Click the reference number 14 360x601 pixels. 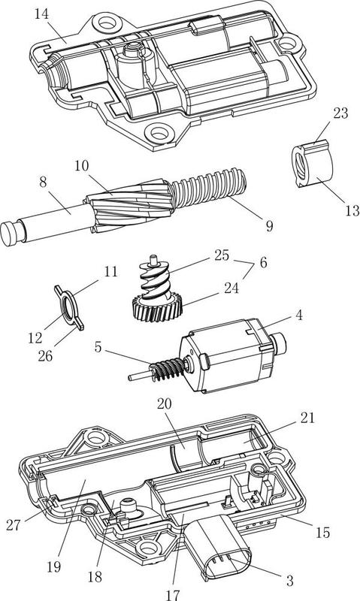click(x=42, y=14)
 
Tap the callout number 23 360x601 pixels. click(x=340, y=113)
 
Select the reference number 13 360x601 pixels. click(x=352, y=210)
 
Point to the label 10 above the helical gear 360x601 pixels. click(x=81, y=166)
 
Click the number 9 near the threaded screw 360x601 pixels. click(x=270, y=226)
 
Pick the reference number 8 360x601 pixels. click(x=43, y=183)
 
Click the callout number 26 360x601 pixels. click(x=45, y=355)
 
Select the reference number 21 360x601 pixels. click(x=307, y=418)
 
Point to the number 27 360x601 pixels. click(x=14, y=524)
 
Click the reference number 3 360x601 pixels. click(x=290, y=580)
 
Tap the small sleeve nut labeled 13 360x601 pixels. click(x=311, y=164)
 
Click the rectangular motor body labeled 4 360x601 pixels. click(x=229, y=355)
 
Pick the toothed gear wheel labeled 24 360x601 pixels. click(x=156, y=306)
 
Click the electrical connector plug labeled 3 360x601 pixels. click(x=217, y=546)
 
